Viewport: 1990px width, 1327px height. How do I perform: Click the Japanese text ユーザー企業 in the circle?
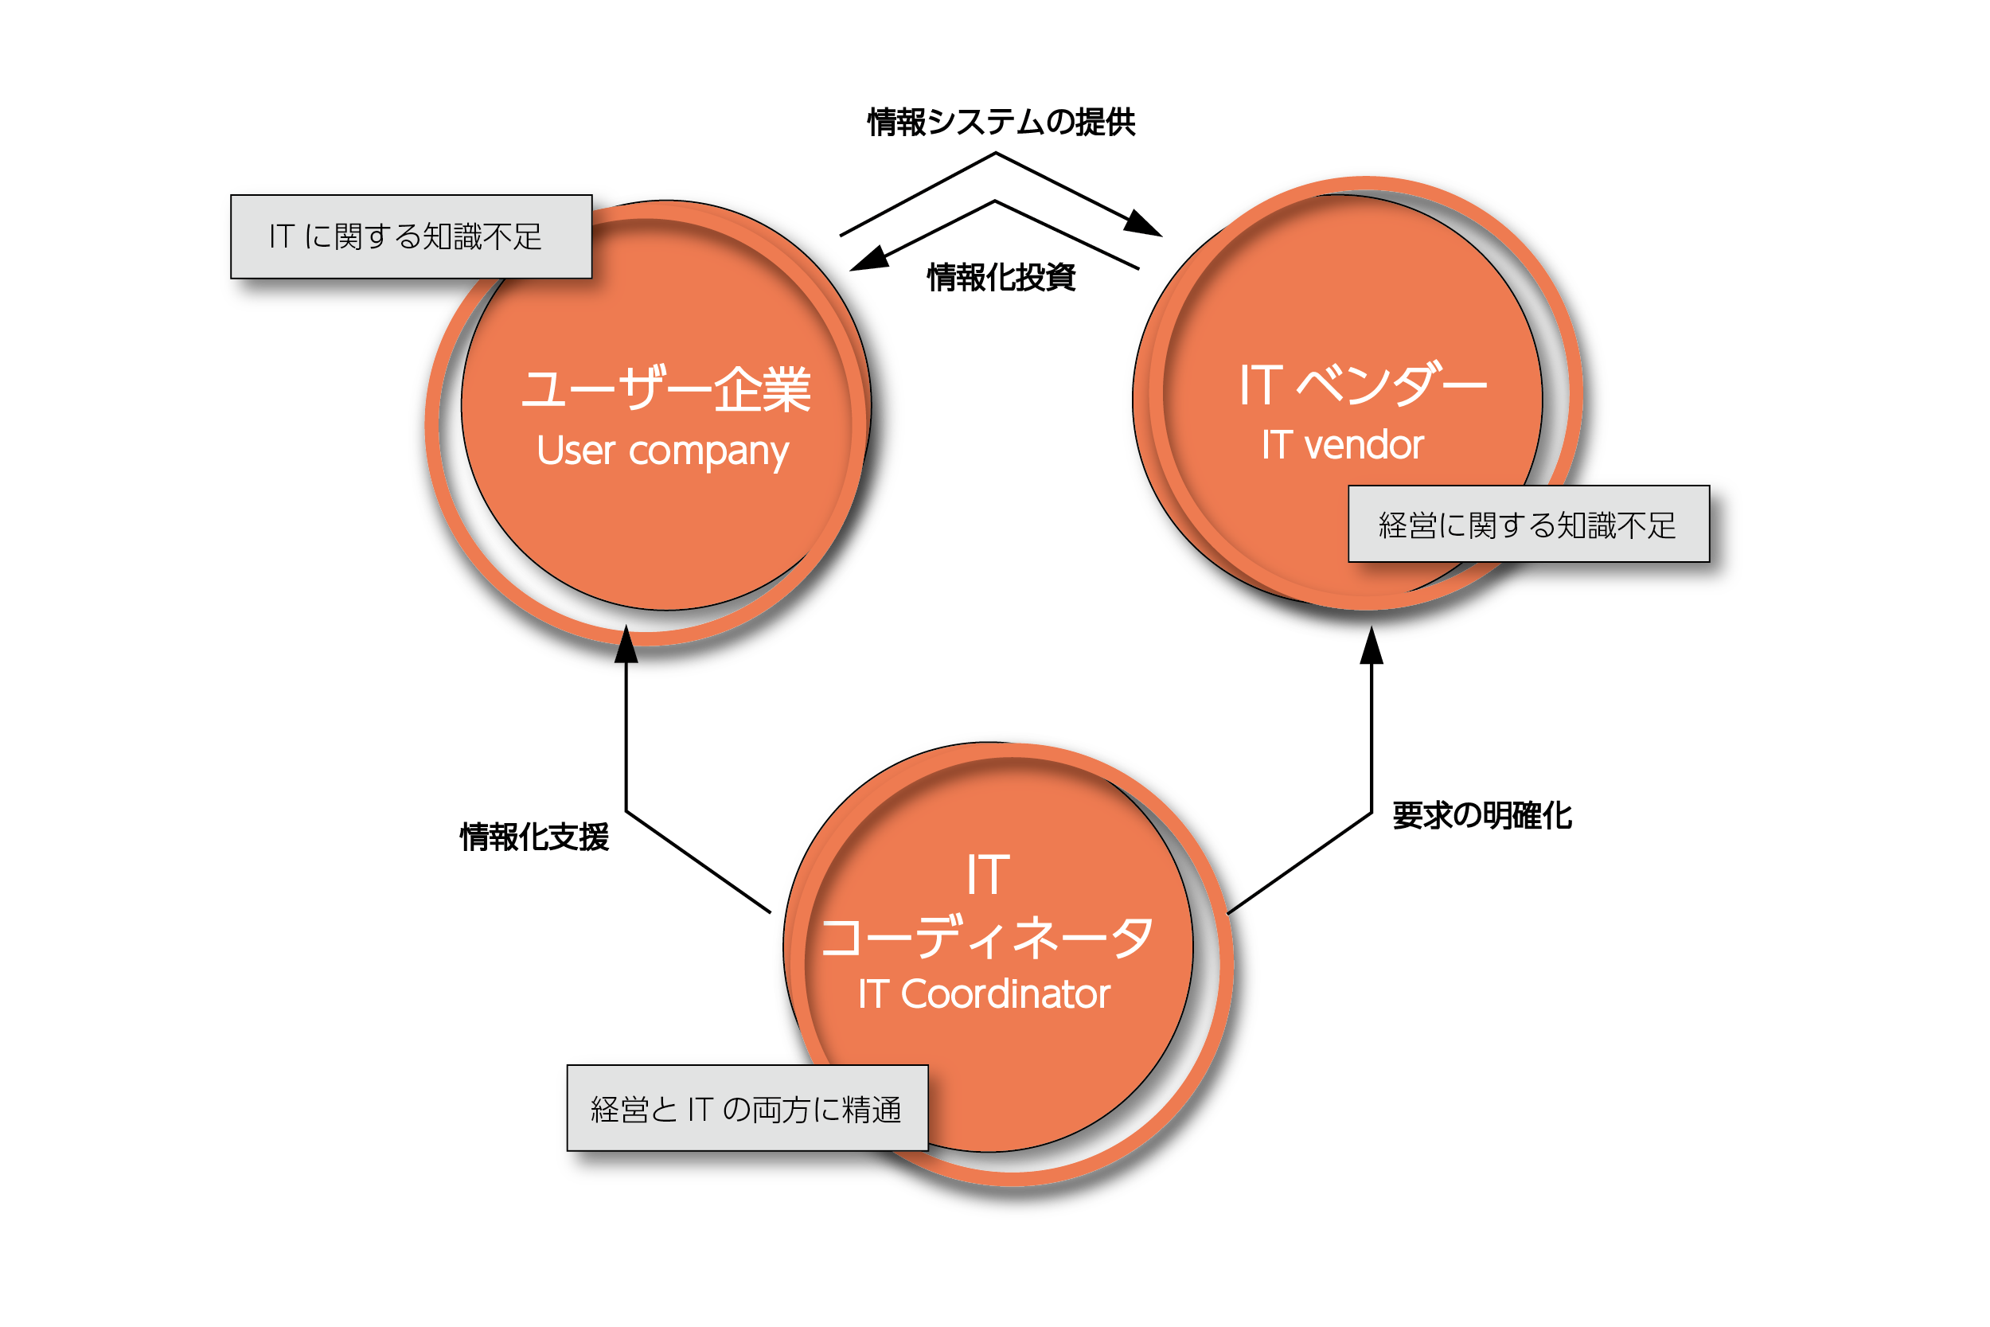(666, 390)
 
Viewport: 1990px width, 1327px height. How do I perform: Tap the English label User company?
(662, 451)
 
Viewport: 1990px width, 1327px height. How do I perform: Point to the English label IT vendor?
(1343, 445)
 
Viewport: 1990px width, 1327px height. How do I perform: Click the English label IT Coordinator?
(983, 994)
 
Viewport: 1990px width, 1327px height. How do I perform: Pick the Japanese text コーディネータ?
(986, 938)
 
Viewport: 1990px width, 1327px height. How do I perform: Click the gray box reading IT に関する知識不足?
(412, 237)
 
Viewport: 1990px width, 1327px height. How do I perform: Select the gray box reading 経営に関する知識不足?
(1528, 525)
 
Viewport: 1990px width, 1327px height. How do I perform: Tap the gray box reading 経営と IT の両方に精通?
(747, 1109)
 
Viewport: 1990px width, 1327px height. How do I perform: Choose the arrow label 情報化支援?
(534, 837)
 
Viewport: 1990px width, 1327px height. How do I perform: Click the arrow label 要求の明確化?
(1481, 816)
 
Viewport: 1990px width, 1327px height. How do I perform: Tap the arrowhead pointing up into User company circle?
(626, 646)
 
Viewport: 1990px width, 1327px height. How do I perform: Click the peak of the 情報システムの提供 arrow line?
(996, 154)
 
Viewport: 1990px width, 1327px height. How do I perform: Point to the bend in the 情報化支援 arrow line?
(626, 810)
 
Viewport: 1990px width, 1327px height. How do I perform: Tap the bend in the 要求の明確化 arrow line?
(1372, 814)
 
